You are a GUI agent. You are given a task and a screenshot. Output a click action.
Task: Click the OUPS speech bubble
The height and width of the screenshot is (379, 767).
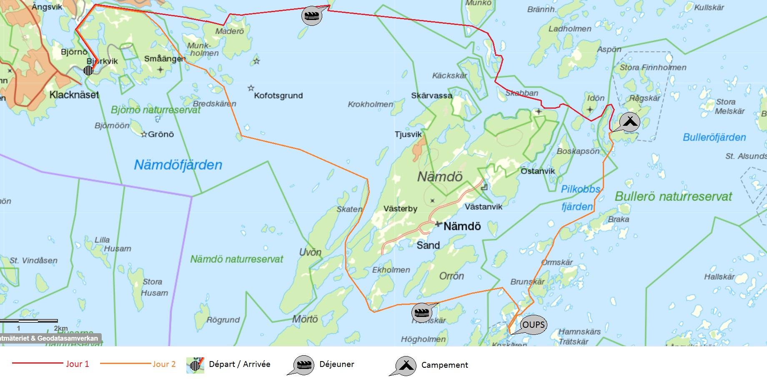(x=533, y=324)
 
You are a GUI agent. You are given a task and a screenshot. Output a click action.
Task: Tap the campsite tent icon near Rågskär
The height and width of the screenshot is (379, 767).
(x=630, y=122)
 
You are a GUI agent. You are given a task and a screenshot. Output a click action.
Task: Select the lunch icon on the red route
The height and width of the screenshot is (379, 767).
(x=312, y=16)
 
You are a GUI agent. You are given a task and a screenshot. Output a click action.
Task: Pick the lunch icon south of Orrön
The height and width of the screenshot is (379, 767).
(x=421, y=312)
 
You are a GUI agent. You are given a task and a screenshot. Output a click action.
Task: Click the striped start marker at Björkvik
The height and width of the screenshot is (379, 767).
(x=88, y=70)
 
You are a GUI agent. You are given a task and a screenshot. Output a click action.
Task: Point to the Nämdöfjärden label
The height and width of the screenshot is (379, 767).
(x=178, y=165)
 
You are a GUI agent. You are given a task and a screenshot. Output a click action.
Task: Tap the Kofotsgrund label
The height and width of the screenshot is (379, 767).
(x=278, y=95)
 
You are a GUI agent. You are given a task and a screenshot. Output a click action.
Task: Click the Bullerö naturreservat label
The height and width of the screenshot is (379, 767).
(x=673, y=197)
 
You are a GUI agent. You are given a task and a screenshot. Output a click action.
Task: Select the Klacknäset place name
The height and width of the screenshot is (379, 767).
(x=74, y=95)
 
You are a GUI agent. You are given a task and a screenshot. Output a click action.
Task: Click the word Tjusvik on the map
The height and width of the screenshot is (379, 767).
(x=408, y=134)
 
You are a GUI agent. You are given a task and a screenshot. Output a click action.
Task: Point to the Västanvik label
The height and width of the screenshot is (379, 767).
(x=484, y=207)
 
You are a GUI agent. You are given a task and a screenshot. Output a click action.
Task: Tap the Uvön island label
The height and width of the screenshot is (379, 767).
(x=310, y=252)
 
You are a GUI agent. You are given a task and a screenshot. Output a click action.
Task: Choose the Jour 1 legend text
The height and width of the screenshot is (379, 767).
(x=77, y=364)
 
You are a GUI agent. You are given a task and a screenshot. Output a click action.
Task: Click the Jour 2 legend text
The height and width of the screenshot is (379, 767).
(x=164, y=364)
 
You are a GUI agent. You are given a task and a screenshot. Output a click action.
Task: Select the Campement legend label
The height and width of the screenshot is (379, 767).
(x=444, y=365)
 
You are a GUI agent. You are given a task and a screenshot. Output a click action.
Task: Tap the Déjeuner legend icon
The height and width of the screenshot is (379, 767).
(x=303, y=365)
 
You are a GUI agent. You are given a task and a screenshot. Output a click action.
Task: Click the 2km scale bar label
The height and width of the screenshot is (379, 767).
(x=61, y=328)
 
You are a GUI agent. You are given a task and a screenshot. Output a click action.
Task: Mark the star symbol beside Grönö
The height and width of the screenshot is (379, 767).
(x=144, y=135)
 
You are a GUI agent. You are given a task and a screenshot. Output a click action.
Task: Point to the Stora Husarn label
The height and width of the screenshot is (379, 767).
(x=154, y=287)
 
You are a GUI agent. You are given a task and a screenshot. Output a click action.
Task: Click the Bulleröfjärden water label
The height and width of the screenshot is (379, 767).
(x=714, y=137)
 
